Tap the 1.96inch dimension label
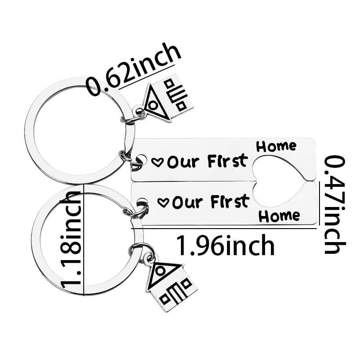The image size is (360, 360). coord(225,246)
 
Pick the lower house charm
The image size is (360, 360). coord(171,285)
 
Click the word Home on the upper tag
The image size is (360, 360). coord(276,146)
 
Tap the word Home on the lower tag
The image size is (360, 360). coord(279,216)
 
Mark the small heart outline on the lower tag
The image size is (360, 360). coord(163,203)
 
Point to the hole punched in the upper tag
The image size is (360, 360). coord(140,159)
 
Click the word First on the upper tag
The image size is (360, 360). coord(227,161)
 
